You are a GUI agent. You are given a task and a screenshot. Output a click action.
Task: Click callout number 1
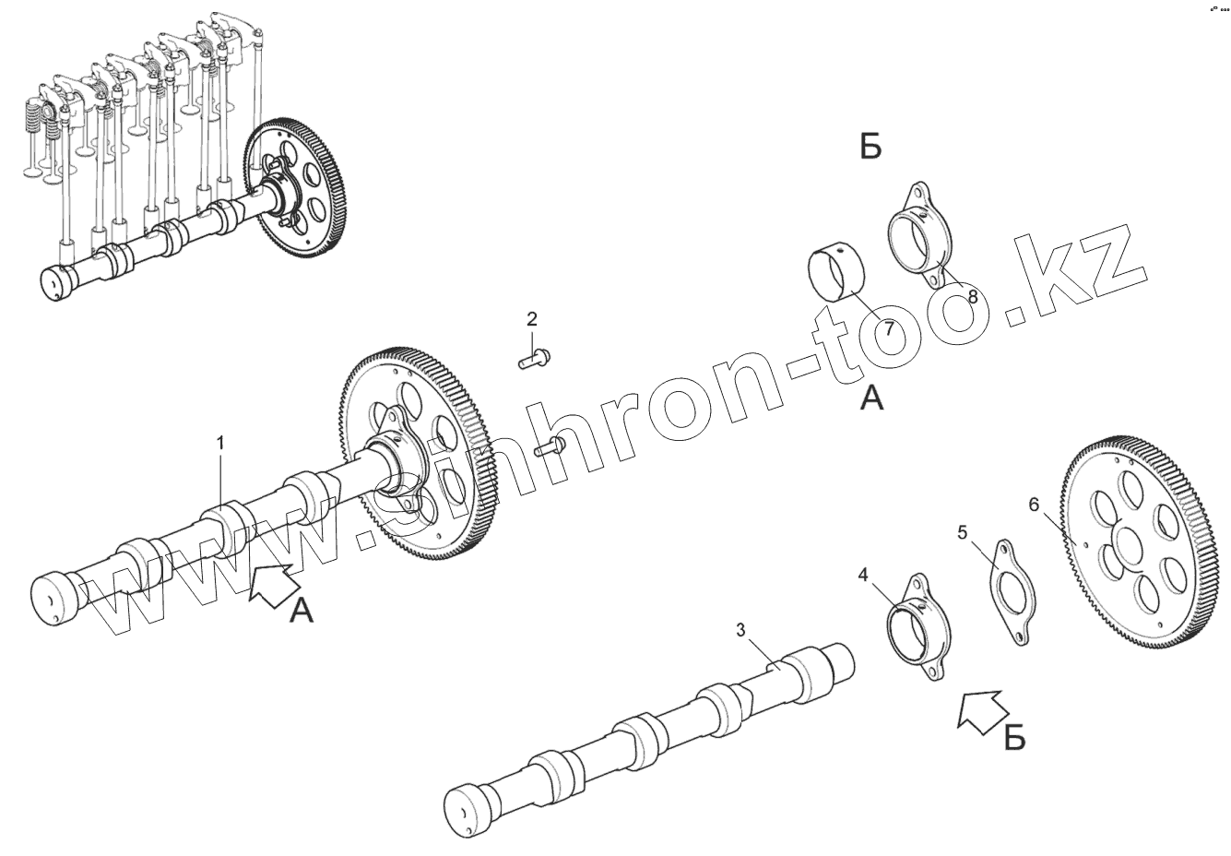tap(220, 444)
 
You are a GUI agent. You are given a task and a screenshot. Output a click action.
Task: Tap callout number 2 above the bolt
tap(532, 320)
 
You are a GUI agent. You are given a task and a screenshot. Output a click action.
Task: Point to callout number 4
tap(863, 575)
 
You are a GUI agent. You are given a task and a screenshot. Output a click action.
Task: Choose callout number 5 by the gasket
tap(963, 532)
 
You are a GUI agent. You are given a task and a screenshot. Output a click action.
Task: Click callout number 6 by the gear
tap(1034, 504)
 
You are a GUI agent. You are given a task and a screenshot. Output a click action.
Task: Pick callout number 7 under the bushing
tap(889, 328)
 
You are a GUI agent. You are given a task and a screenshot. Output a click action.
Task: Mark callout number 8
tap(972, 297)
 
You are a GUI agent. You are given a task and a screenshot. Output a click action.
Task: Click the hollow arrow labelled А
tap(272, 585)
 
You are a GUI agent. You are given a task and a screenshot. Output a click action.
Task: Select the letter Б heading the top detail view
tap(870, 147)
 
